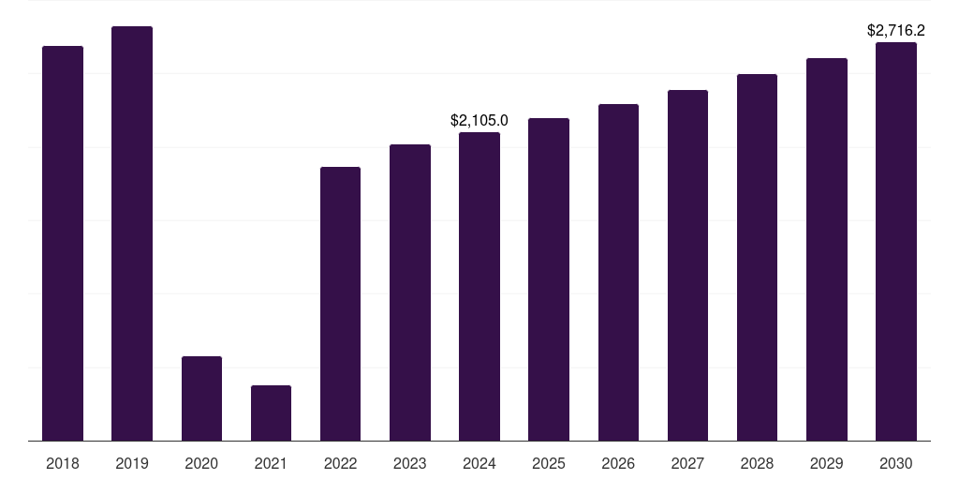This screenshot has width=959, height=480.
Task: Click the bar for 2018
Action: [63, 243]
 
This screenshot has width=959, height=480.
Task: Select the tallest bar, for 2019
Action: [132, 233]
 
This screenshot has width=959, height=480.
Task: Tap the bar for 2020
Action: [201, 398]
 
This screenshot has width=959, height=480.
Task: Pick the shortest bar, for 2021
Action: [271, 412]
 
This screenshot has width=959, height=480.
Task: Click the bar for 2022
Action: [340, 304]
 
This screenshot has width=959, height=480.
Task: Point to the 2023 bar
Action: [410, 292]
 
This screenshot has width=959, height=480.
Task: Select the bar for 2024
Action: [479, 286]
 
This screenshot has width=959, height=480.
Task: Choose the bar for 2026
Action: [618, 272]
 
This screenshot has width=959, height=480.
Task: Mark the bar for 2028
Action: [757, 257]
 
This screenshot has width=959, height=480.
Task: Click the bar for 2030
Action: [896, 241]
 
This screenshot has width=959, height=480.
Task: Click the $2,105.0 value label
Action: [479, 120]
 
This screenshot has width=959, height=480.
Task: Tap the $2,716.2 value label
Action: [896, 30]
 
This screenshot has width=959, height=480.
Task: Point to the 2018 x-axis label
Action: [63, 463]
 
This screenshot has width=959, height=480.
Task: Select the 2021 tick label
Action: [271, 463]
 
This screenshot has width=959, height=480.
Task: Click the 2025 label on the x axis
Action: [549, 463]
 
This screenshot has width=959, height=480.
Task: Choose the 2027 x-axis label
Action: [687, 463]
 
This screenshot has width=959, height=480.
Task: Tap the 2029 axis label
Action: [827, 463]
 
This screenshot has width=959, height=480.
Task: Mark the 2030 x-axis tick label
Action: [896, 463]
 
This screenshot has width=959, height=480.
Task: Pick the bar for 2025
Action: [549, 279]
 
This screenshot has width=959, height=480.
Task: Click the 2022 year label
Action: [340, 463]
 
